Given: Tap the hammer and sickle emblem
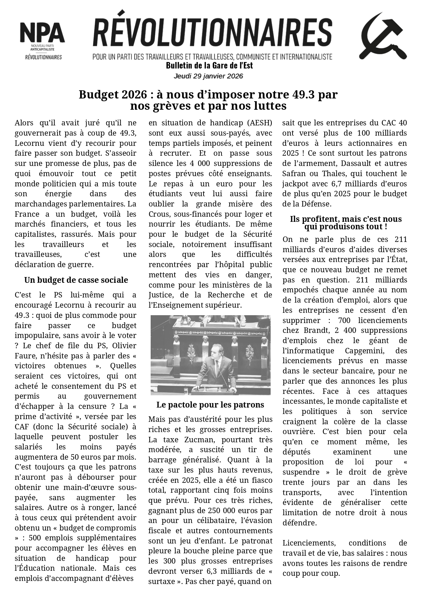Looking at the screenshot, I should coord(382,37).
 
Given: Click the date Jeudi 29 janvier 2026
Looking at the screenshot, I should coord(208,76).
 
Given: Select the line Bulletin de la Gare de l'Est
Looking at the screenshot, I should coord(209,65).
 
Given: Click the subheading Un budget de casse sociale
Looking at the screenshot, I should coord(76,280).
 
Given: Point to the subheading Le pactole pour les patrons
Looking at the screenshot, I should coord(210,404).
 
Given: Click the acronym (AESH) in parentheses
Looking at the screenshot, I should coord(260,123).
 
